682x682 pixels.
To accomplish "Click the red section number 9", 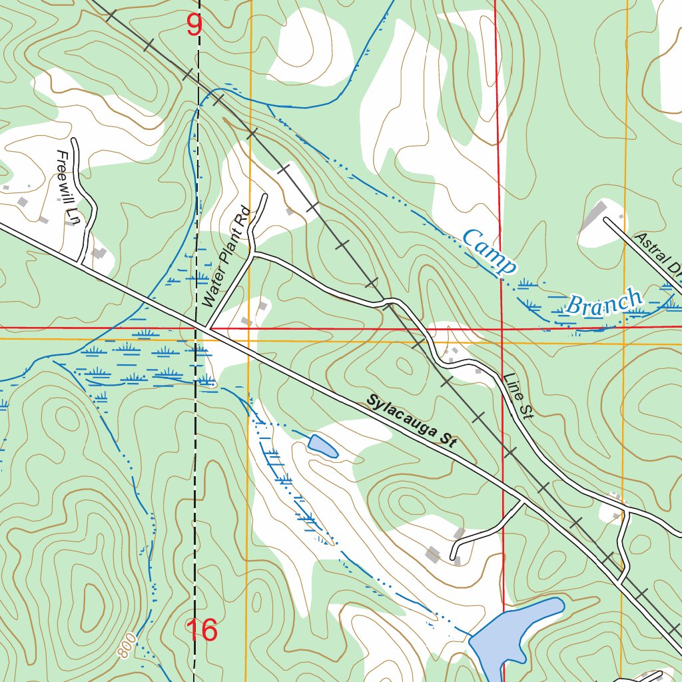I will [194, 26].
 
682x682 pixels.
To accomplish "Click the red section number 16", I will [201, 630].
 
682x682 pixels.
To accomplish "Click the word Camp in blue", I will [490, 252].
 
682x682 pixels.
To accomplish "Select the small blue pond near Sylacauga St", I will [323, 446].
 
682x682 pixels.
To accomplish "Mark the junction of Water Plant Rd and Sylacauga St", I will [208, 328].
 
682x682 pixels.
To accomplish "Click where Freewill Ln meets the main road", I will [83, 263].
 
